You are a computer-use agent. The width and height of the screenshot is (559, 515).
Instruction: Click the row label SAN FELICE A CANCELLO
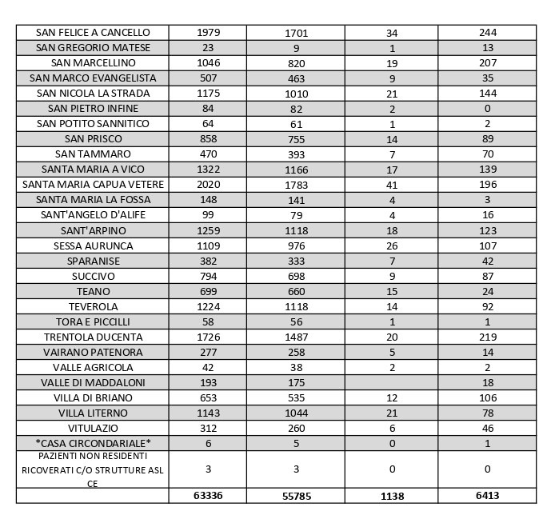pyautogui.click(x=93, y=33)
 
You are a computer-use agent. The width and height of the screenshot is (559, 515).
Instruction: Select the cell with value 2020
pyautogui.click(x=208, y=185)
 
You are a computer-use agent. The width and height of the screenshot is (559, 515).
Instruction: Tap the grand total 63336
pyautogui.click(x=208, y=496)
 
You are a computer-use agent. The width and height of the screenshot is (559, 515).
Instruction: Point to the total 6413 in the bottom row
pyautogui.click(x=488, y=496)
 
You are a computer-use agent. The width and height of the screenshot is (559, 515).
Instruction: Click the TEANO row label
pyautogui.click(x=93, y=291)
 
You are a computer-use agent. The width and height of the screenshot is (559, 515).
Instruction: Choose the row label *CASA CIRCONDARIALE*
pyautogui.click(x=93, y=443)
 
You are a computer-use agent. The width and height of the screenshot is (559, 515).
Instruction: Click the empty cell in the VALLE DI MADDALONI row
pyautogui.click(x=392, y=382)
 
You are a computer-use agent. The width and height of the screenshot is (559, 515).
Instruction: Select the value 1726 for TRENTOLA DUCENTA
pyautogui.click(x=208, y=337)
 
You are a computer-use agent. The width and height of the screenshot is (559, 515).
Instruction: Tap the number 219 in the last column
pyautogui.click(x=488, y=337)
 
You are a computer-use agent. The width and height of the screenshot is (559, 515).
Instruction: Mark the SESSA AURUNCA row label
pyautogui.click(x=93, y=246)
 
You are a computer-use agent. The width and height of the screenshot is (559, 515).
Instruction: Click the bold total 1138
pyautogui.click(x=392, y=496)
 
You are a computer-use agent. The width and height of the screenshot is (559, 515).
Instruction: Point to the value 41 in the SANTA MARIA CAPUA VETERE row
pyautogui.click(x=392, y=185)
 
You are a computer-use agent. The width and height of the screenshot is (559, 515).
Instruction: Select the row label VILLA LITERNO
pyautogui.click(x=93, y=413)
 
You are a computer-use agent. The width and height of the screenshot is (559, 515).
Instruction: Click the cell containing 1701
pyautogui.click(x=296, y=34)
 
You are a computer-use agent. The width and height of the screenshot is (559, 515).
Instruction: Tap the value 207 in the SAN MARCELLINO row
pyautogui.click(x=488, y=63)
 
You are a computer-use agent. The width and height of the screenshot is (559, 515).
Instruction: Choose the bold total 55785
pyautogui.click(x=296, y=496)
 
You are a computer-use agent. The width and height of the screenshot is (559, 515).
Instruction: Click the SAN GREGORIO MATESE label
pyautogui.click(x=93, y=48)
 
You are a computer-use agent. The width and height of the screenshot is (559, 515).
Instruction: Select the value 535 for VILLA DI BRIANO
pyautogui.click(x=296, y=398)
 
